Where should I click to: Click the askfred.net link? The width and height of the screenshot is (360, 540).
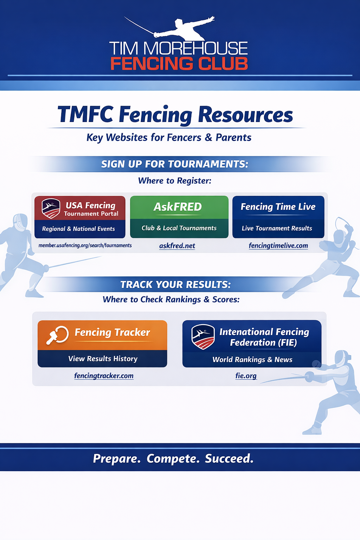point(177,246)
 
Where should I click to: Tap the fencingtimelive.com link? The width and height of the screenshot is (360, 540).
point(278,246)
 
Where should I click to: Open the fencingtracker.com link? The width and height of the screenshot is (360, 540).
point(104,376)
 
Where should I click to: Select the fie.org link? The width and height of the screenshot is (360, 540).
point(246,376)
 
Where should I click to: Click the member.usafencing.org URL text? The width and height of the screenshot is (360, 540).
point(85,245)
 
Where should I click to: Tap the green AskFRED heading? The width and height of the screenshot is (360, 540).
point(178,207)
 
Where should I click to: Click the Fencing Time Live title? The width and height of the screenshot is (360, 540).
point(278,207)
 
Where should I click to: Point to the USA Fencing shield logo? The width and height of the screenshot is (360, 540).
point(51,208)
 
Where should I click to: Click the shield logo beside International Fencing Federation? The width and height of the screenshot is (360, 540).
point(203,336)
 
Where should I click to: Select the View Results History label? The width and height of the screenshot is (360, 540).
point(103,359)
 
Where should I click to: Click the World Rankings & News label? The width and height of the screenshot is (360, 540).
point(252,360)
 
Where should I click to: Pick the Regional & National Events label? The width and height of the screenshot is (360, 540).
point(78,229)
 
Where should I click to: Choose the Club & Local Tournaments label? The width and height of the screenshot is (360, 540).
point(179,228)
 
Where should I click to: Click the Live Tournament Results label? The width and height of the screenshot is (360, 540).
point(277,229)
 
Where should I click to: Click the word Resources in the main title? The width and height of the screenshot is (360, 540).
point(245,115)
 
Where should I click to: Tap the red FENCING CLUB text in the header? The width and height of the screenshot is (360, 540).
point(179,64)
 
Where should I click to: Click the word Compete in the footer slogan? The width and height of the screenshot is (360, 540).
point(173,458)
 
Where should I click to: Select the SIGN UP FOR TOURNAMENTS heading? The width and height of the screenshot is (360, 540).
point(175,164)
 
